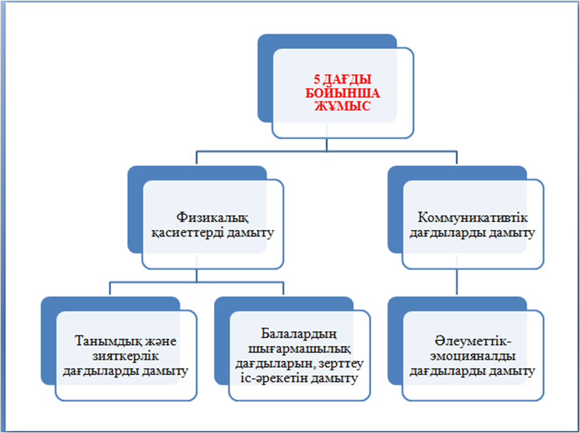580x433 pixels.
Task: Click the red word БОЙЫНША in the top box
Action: [343, 92]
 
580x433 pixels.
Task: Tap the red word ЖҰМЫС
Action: [343, 106]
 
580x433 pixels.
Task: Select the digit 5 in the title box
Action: [317, 80]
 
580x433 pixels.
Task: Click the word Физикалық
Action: [212, 217]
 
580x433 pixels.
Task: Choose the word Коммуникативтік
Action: [473, 217]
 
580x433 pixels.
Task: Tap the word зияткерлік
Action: [126, 356]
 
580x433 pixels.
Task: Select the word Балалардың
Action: [299, 333]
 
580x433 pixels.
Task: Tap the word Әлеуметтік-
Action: [473, 341]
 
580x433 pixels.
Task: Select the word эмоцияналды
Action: [473, 356]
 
